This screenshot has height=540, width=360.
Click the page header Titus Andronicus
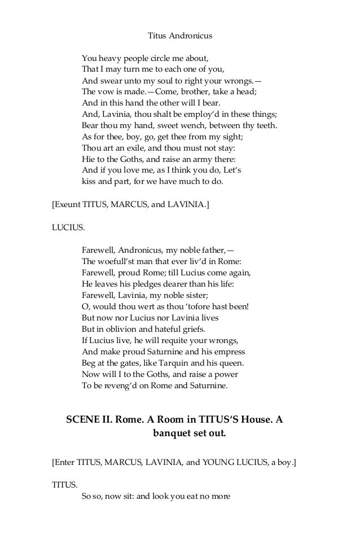coord(180,36)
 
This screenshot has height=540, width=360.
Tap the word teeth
coord(265,125)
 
